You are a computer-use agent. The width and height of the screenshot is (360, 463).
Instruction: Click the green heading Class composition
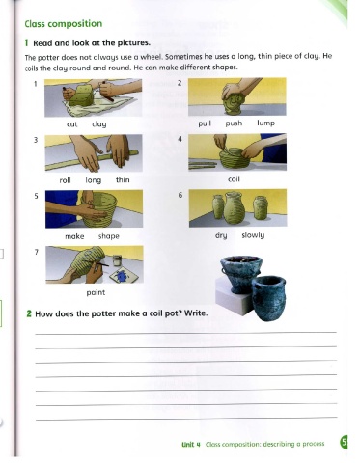point(64,24)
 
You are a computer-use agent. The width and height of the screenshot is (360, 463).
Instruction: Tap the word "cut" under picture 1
point(72,124)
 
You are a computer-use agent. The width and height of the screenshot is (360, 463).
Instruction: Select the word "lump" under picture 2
point(265,123)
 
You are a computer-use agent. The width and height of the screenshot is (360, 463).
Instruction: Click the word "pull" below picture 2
point(205,123)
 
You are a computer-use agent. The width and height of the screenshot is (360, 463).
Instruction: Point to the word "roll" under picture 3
point(65,180)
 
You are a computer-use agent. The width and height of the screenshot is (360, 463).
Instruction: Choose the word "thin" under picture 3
point(123,179)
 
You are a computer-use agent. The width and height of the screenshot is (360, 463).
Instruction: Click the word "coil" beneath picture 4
point(234,179)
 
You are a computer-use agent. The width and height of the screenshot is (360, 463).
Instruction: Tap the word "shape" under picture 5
point(109,236)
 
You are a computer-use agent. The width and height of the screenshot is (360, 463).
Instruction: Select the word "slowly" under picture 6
point(253,235)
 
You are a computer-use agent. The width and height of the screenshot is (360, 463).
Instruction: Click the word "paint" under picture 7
point(96,292)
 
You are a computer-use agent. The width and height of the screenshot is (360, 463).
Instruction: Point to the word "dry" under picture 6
point(221,235)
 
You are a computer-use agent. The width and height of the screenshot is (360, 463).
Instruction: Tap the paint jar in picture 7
point(117,260)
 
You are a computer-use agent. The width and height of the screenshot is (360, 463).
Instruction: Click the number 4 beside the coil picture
point(180,139)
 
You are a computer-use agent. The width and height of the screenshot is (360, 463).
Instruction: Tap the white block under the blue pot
point(232,296)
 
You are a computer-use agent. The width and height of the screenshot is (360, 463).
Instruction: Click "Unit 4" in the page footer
point(191,445)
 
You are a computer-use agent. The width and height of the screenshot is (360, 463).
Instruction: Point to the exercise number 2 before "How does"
point(29,313)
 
